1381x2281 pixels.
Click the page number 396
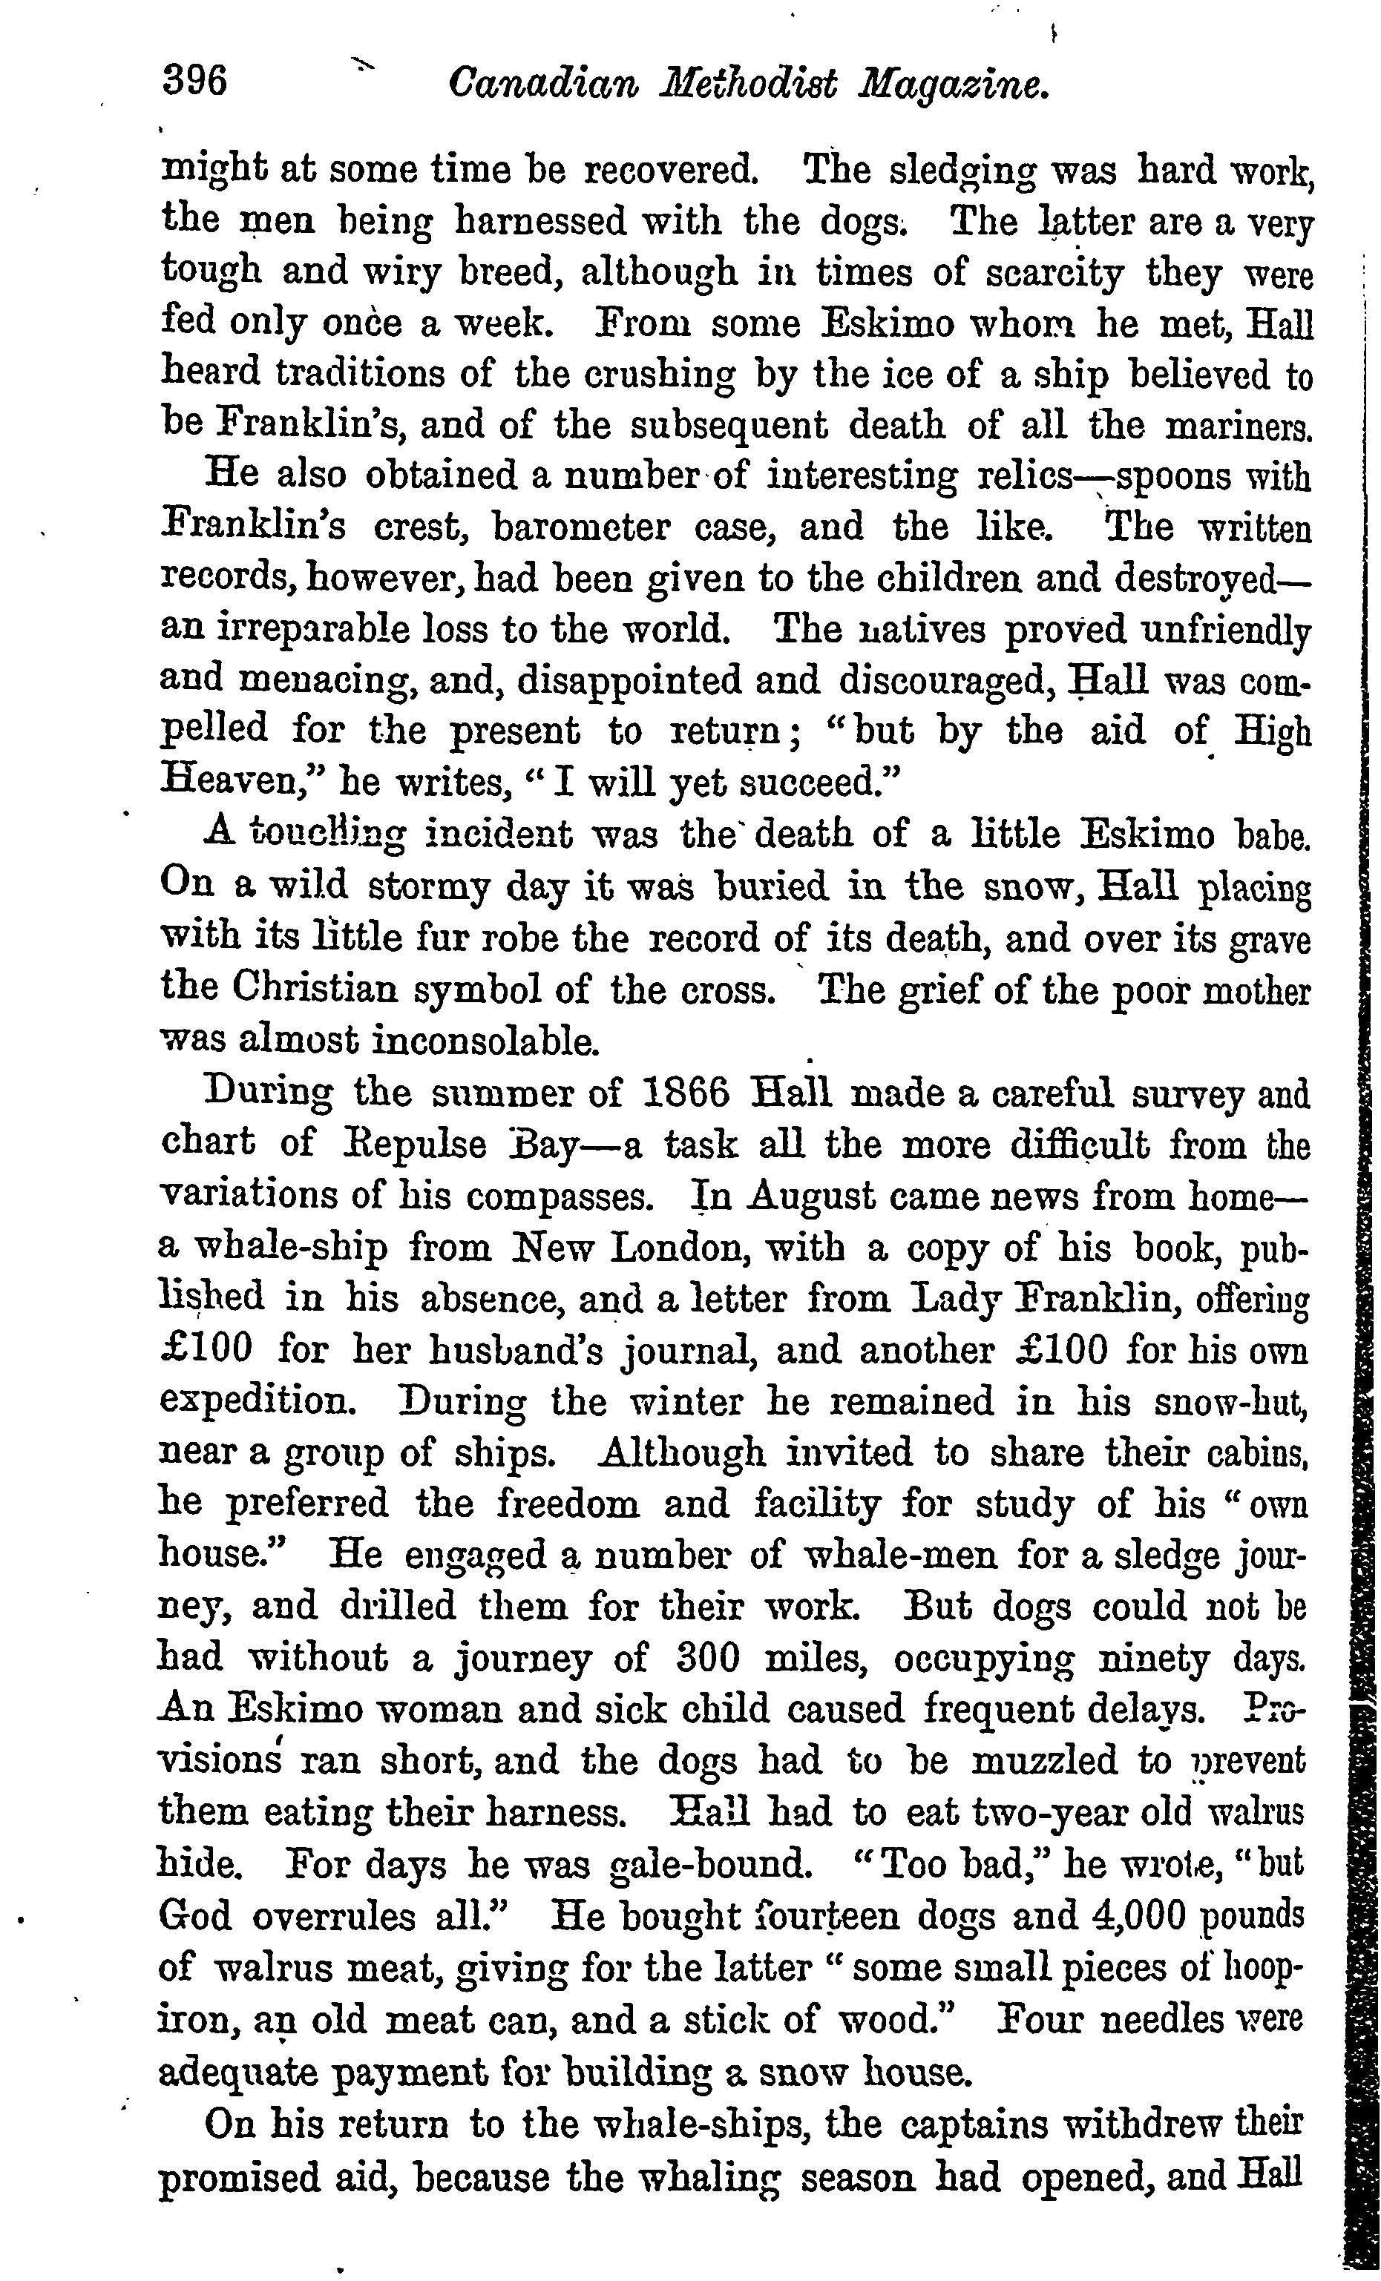pos(194,82)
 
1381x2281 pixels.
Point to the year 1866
pos(684,1093)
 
